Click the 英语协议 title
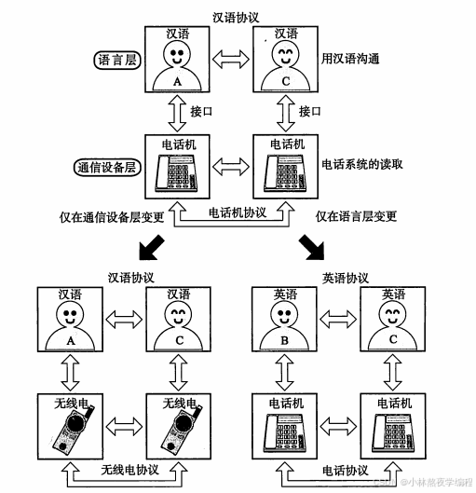click(346, 278)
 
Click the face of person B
click(286, 318)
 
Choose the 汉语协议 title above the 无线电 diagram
click(131, 278)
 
